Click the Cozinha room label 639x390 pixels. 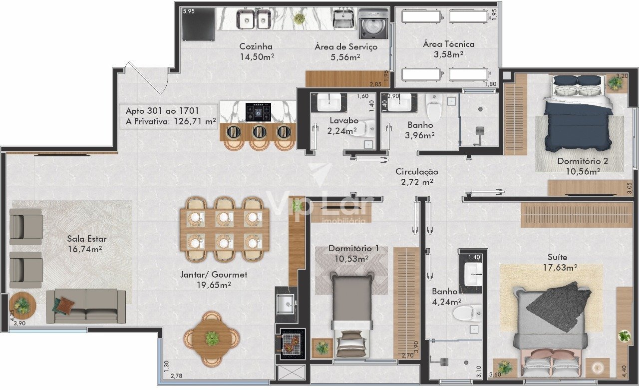point(256,46)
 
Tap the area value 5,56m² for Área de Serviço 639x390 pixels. point(345,57)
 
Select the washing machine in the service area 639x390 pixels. point(373,23)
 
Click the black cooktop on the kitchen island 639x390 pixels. point(258,112)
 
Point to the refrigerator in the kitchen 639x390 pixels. point(199,24)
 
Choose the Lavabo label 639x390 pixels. point(344,121)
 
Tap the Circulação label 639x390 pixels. point(417,172)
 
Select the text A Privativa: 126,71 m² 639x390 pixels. point(171,121)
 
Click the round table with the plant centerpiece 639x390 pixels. point(211,339)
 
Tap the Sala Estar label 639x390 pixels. point(87,239)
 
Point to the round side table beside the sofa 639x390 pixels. point(22,305)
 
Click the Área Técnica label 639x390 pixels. point(448,44)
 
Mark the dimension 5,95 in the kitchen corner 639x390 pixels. point(189,11)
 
